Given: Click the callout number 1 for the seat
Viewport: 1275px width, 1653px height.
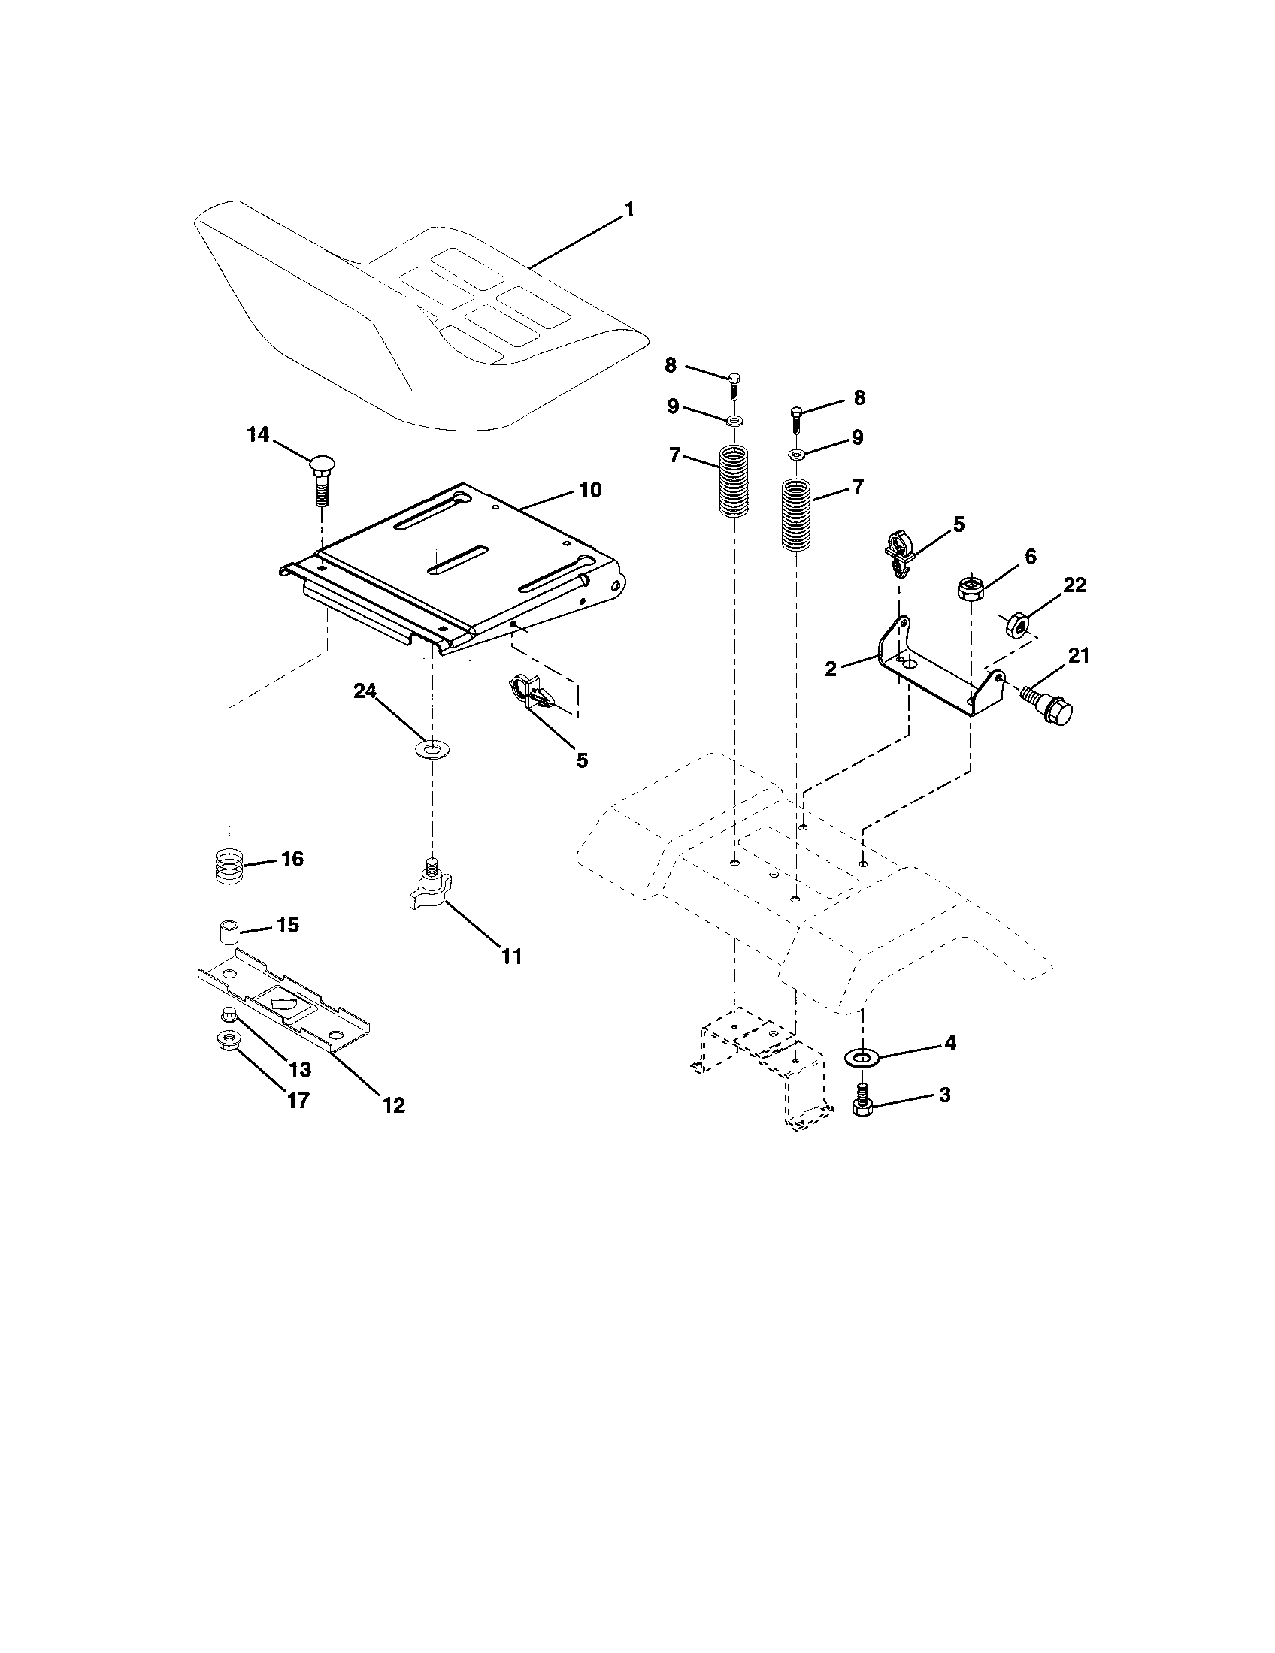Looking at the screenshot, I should point(628,210).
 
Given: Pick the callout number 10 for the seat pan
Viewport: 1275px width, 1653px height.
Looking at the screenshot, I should point(590,491).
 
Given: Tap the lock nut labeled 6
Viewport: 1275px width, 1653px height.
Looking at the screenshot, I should point(969,588).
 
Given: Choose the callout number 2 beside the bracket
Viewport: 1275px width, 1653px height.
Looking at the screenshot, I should point(831,669).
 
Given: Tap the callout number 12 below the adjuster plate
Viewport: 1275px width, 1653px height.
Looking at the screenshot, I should point(394,1105).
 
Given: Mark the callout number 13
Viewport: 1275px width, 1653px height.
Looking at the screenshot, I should point(300,1068).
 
